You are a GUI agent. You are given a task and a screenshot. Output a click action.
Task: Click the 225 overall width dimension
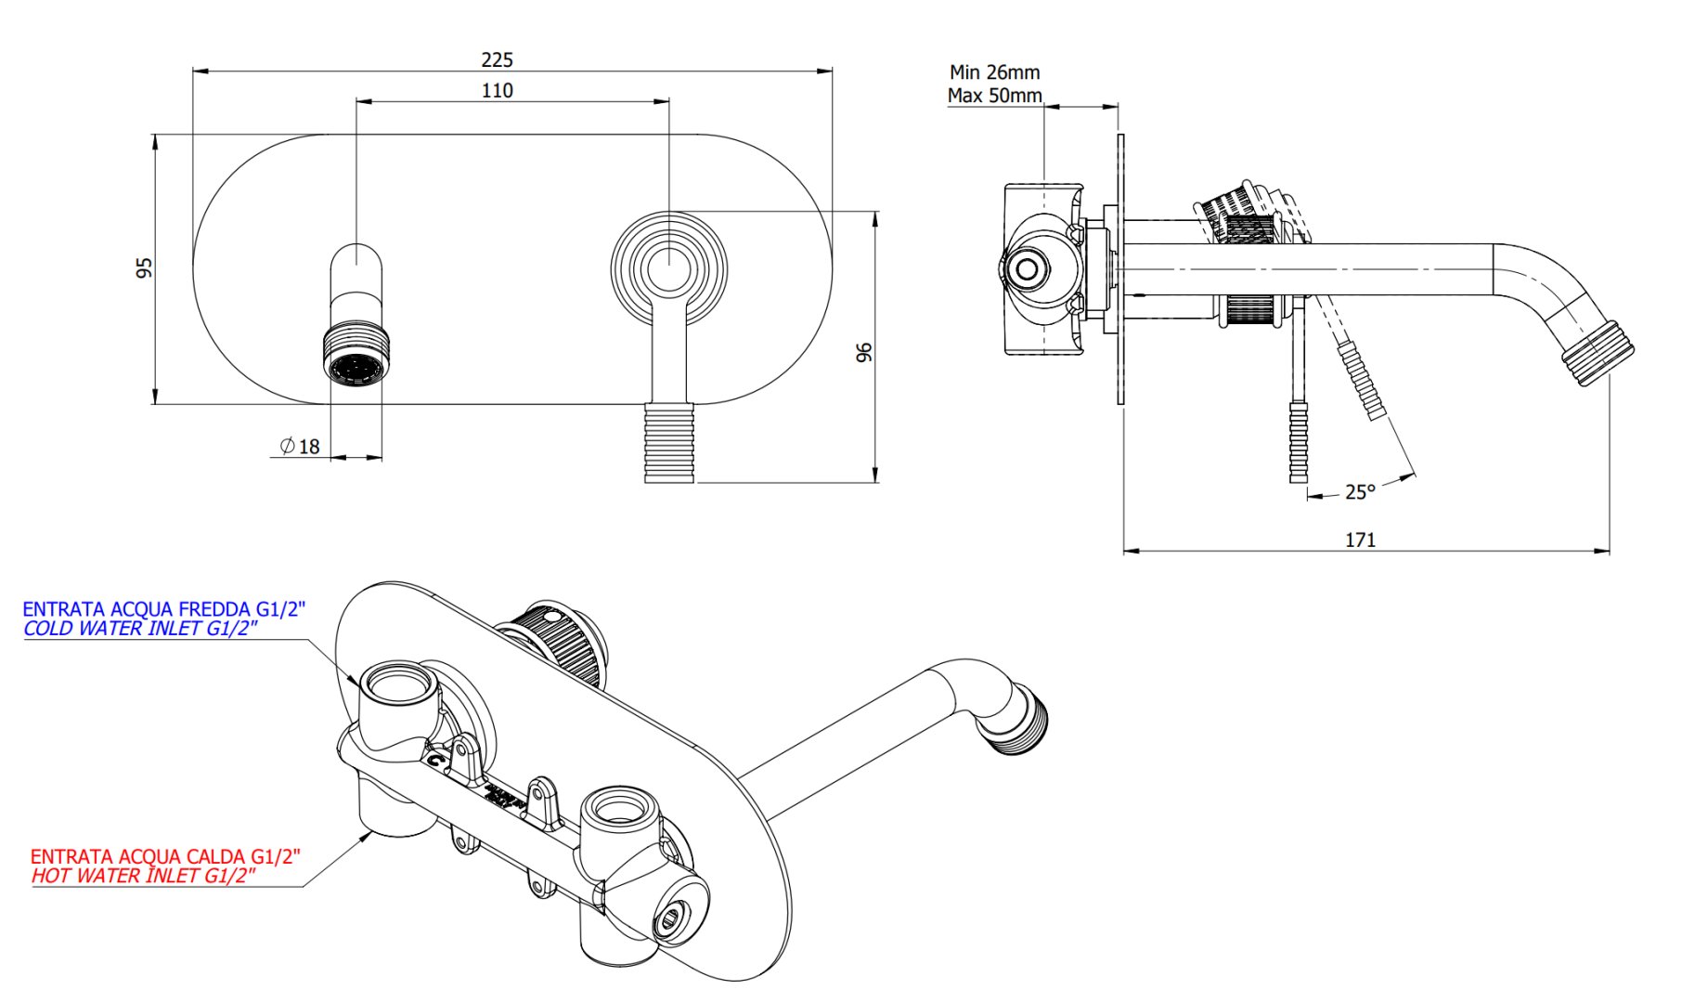pos(497,60)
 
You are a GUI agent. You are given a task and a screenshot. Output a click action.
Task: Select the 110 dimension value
pos(497,91)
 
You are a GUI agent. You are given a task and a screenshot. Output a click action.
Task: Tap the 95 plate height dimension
pos(144,268)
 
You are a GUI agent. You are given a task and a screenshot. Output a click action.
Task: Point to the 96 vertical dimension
pos(863,353)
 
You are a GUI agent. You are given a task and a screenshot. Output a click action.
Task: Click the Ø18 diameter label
pos(300,447)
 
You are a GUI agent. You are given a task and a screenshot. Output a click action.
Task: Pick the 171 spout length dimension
pos(1360,540)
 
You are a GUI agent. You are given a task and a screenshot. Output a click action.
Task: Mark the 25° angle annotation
pos(1360,492)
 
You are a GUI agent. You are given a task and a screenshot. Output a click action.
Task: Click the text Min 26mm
pos(994,72)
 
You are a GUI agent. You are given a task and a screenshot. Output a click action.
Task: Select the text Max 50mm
pos(994,96)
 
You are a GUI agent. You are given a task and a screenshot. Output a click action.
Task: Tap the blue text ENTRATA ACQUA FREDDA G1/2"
pos(163,609)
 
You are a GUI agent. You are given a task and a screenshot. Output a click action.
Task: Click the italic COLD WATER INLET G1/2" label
pos(140,629)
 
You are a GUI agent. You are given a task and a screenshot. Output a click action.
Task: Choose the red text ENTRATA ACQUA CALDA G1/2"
pos(165,856)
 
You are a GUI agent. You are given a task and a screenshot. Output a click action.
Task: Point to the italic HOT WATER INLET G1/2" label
pos(143,876)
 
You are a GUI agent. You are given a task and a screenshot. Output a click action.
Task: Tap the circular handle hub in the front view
pos(668,269)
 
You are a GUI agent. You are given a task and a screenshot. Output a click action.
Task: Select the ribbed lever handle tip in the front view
pos(669,443)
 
